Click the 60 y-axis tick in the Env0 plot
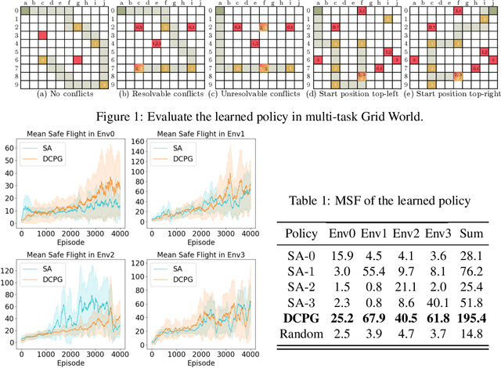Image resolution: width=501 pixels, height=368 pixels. pos(12,147)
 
